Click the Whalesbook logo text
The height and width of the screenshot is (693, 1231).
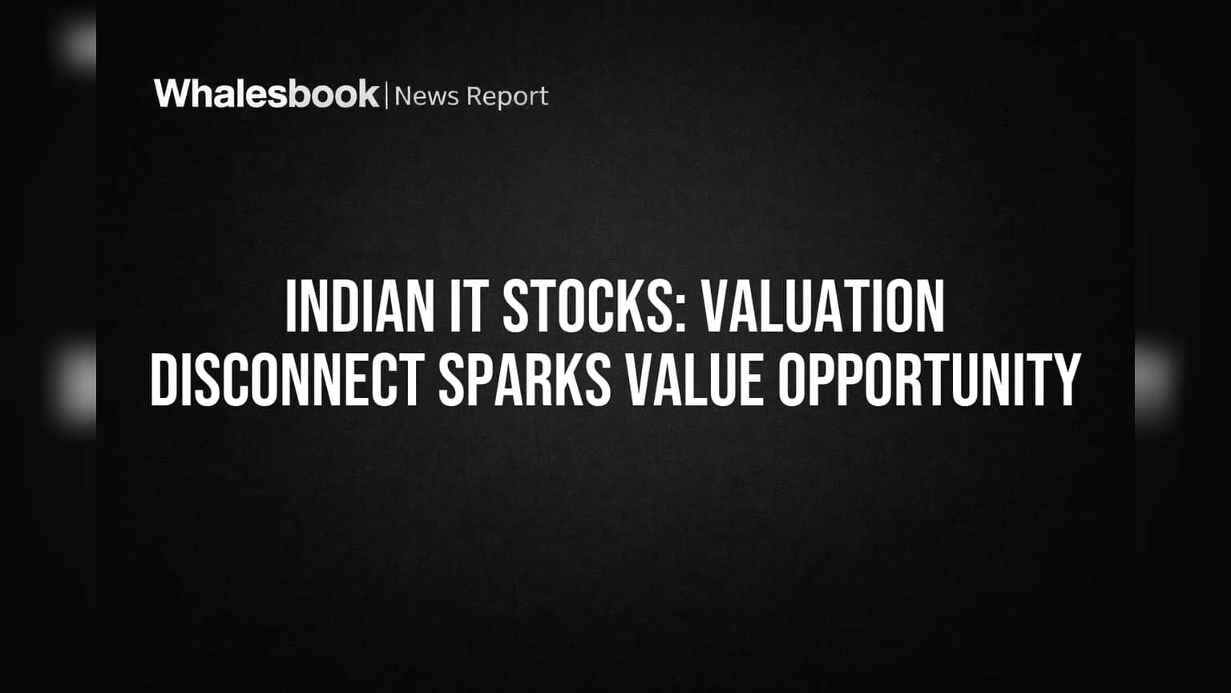click(267, 94)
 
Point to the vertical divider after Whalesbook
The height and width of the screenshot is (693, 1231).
click(386, 95)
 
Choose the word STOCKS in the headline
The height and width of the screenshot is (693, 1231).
click(590, 306)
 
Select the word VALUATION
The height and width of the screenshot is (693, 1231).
click(825, 306)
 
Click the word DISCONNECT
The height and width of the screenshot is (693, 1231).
click(288, 379)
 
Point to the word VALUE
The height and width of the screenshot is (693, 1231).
click(695, 379)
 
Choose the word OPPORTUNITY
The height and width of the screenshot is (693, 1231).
click(930, 379)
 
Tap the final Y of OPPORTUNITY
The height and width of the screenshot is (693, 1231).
click(1066, 379)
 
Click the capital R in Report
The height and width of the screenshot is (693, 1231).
click(474, 96)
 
